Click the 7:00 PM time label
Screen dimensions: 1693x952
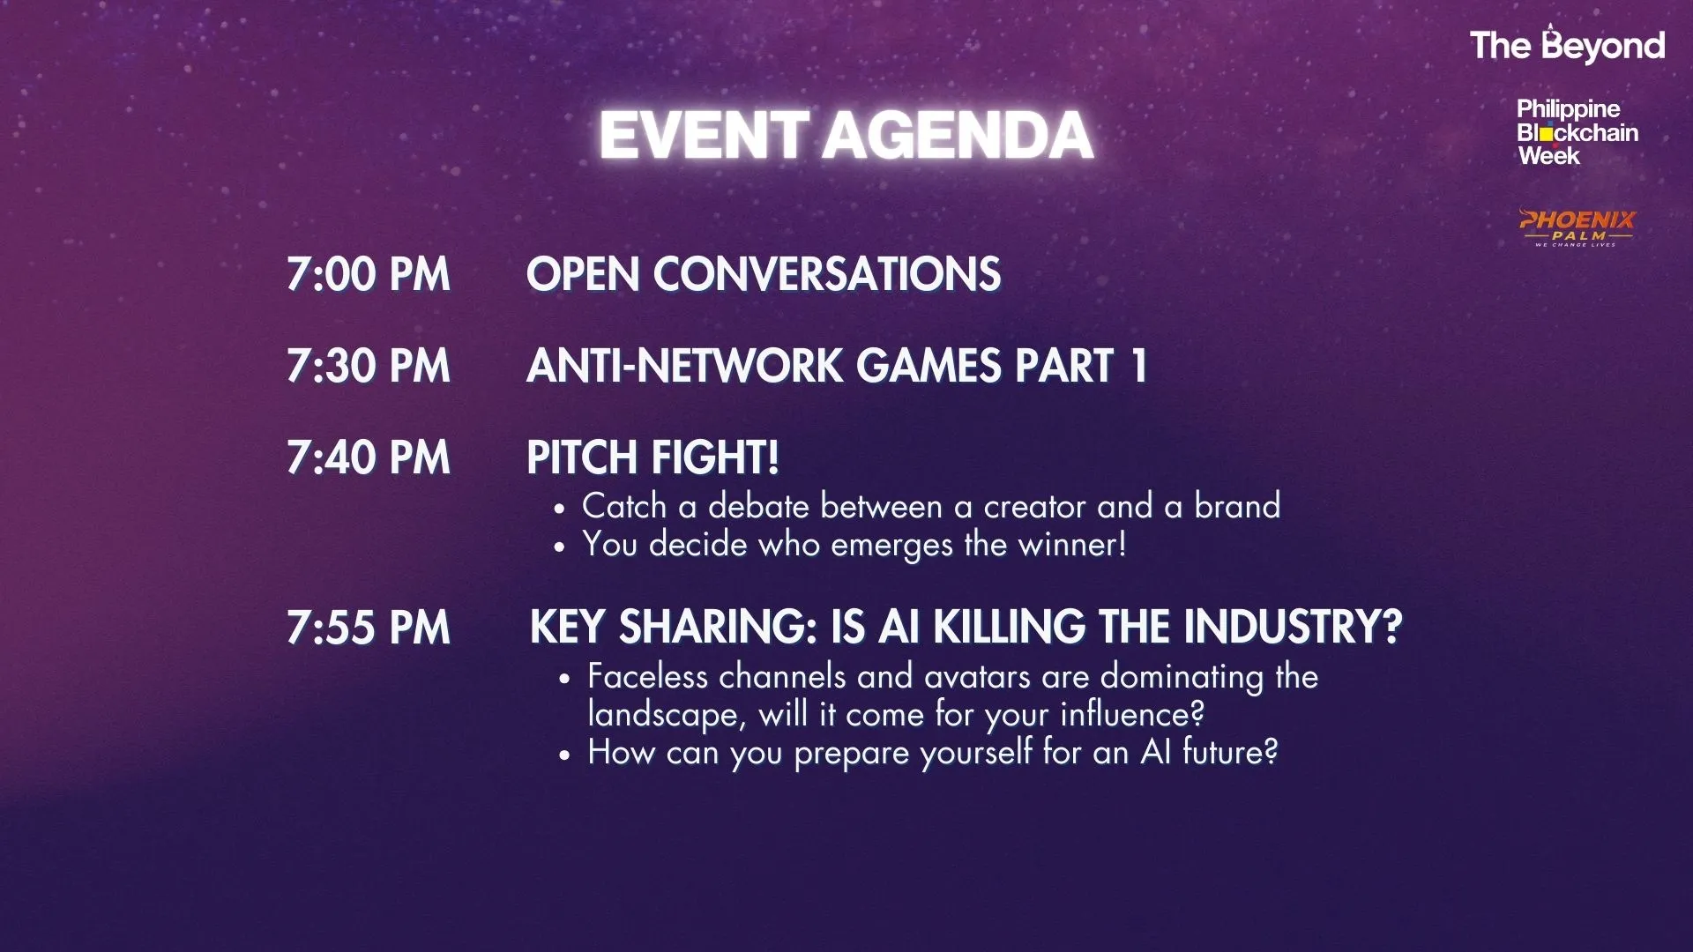tap(369, 274)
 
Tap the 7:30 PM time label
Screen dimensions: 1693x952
tap(369, 366)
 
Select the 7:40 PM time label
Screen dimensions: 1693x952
tap(369, 457)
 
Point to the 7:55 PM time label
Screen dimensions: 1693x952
tap(369, 628)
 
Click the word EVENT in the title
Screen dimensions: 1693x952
tap(704, 136)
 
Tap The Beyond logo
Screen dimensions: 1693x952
tap(1567, 45)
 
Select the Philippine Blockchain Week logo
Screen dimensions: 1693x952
tap(1577, 132)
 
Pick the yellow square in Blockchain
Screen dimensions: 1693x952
tap(1547, 135)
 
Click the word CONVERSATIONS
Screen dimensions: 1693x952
tap(827, 274)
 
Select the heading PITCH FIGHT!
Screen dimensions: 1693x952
tap(653, 457)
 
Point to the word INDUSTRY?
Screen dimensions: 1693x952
tap(1293, 628)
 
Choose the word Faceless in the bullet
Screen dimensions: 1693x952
tap(648, 676)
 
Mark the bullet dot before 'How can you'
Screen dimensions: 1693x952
tap(565, 755)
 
